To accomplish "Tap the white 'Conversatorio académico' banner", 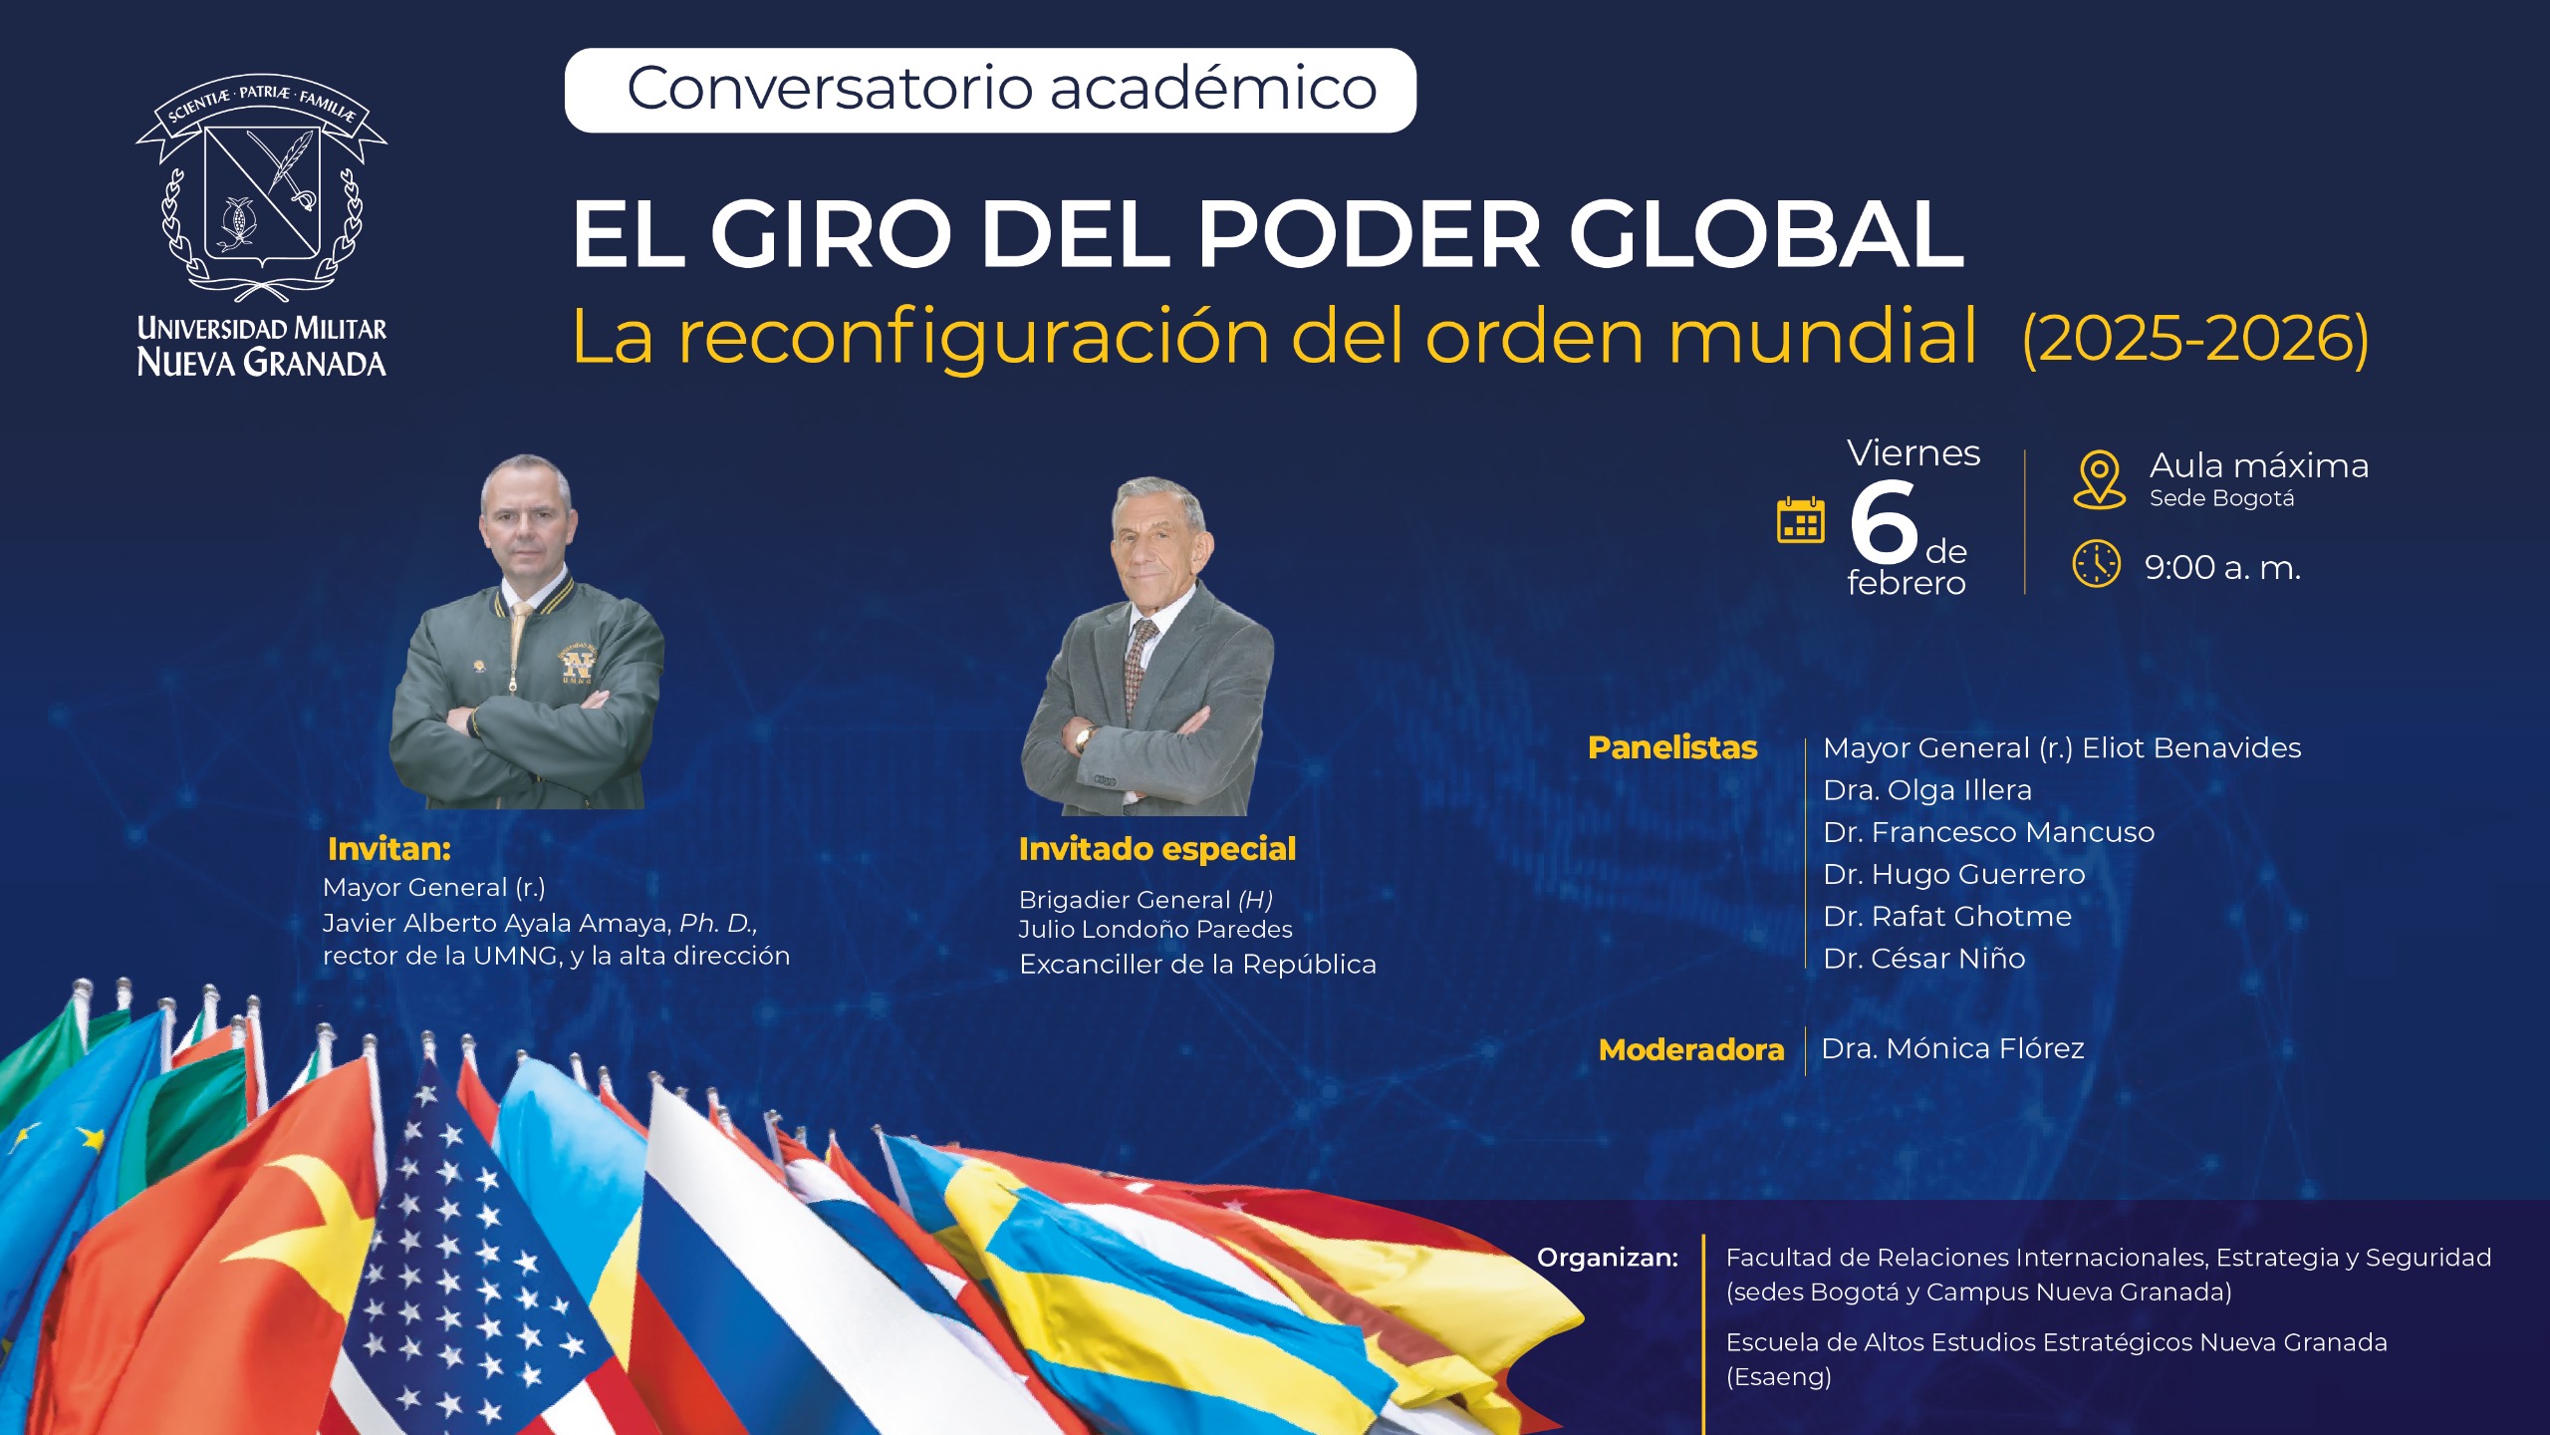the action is click(990, 91).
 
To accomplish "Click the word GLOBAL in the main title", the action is click(1765, 234).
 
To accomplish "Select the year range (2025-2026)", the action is click(2195, 339).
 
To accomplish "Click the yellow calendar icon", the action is click(1801, 520).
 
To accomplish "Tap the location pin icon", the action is click(2099, 479).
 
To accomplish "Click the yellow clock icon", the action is click(2097, 564).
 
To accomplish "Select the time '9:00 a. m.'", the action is click(2222, 567).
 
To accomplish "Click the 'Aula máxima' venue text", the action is click(2259, 465).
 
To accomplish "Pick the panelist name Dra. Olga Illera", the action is click(1926, 790).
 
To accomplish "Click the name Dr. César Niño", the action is click(1923, 958).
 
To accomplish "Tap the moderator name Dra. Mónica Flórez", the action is click(1952, 1048).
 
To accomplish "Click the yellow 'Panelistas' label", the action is click(1672, 747).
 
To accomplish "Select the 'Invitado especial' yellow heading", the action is click(1157, 849).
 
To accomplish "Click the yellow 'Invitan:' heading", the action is click(389, 849).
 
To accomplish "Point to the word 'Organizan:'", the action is click(1608, 1258).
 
